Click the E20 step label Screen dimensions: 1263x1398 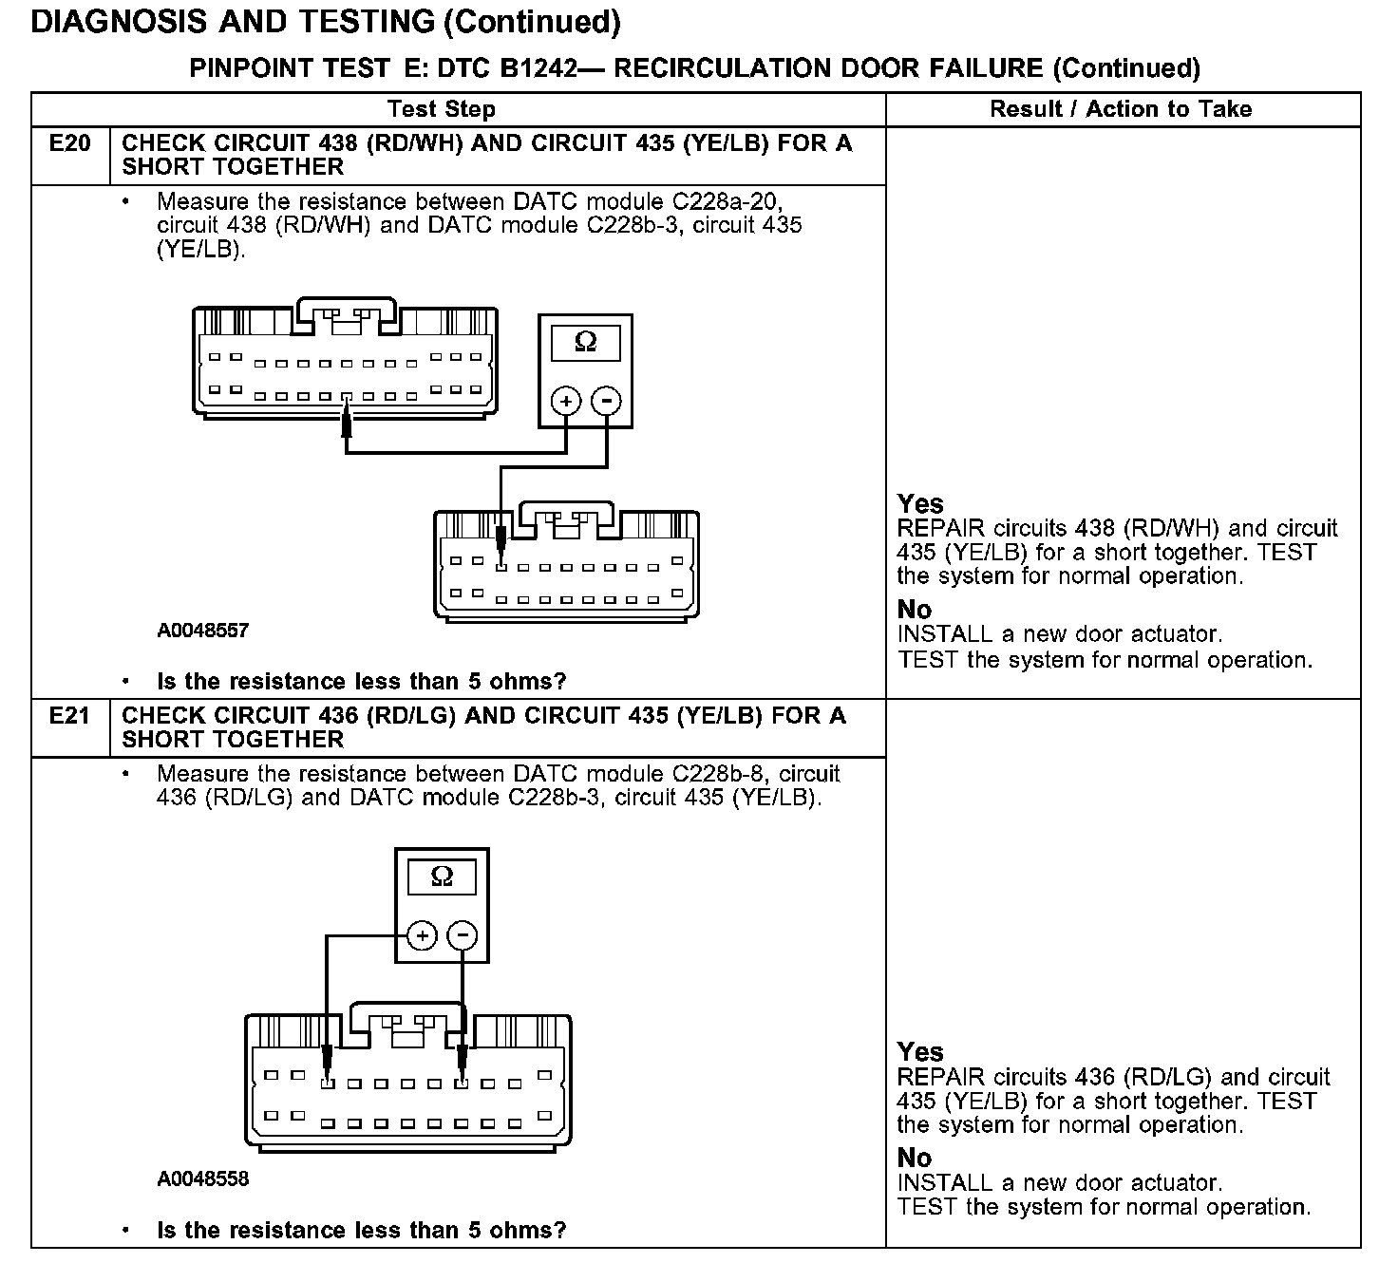(70, 143)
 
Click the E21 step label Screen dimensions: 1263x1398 (70, 715)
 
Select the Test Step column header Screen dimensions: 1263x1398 (442, 109)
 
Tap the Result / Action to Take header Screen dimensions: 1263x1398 (1121, 109)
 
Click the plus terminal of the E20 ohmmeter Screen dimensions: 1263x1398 (566, 401)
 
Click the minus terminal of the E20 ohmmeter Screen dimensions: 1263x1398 (607, 401)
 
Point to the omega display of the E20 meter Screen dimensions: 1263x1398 (586, 342)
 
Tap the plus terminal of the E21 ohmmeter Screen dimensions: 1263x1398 (422, 936)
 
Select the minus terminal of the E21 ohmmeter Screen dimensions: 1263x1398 (463, 936)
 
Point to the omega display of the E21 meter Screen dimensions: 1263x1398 (442, 877)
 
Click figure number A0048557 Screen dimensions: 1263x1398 (203, 631)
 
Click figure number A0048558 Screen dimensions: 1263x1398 (203, 1178)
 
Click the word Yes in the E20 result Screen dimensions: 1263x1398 (920, 503)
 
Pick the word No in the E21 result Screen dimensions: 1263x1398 (915, 1158)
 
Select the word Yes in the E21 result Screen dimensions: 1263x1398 (920, 1052)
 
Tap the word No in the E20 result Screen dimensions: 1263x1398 (915, 610)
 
